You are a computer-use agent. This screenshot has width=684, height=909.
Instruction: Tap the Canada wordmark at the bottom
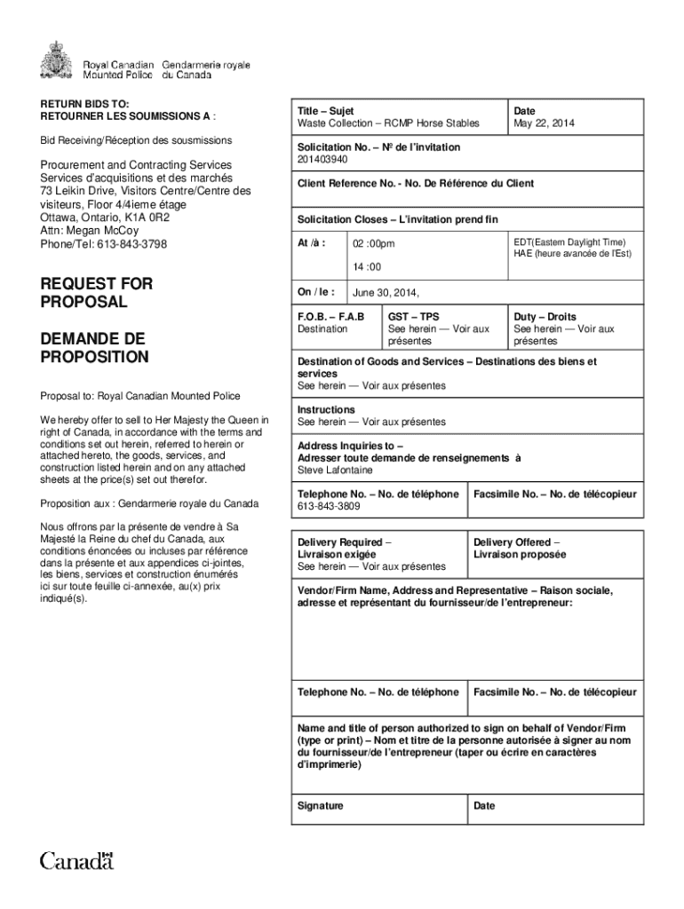point(76,859)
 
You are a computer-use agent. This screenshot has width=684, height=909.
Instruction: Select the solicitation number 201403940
point(322,160)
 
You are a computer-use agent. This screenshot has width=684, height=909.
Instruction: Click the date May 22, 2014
point(544,123)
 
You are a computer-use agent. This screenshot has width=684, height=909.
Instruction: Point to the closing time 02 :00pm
point(374,244)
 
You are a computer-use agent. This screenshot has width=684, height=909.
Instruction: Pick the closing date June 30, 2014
point(386,292)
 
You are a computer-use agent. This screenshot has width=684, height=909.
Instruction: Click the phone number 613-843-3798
point(104,244)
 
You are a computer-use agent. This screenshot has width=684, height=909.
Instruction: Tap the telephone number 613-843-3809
point(329,507)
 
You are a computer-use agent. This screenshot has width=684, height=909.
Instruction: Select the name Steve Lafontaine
point(335,470)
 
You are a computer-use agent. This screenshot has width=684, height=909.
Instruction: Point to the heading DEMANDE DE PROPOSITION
point(94,348)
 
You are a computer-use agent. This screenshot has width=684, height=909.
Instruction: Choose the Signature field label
point(321,806)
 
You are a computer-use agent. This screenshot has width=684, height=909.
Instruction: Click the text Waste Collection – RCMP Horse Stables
point(388,123)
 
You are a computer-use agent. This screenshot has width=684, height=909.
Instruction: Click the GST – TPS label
point(413,317)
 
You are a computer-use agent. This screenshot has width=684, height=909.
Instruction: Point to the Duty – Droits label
point(545,317)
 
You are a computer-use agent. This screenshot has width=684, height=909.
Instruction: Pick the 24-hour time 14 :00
point(367,266)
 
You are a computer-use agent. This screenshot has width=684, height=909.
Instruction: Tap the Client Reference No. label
point(416,184)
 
